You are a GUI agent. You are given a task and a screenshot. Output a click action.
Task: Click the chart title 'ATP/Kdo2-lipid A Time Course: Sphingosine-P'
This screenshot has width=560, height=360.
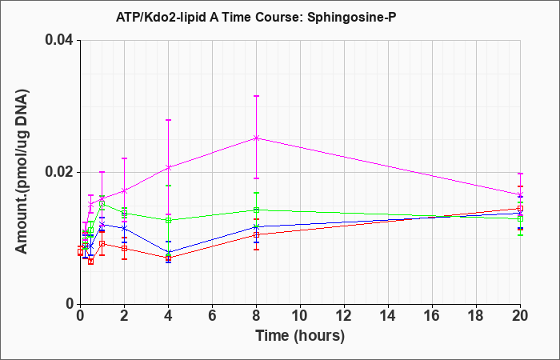[x=256, y=17]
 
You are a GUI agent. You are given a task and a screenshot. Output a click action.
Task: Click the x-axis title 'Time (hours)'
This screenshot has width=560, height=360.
[x=300, y=336]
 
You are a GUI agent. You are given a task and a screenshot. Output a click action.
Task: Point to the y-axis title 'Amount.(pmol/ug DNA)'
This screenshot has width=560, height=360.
[x=22, y=171]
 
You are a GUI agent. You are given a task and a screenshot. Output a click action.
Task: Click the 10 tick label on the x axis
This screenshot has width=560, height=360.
[x=300, y=316]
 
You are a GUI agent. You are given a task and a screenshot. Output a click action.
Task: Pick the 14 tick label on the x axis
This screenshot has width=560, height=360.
[x=388, y=316]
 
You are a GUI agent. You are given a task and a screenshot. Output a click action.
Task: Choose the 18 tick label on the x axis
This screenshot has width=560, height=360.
[x=476, y=316]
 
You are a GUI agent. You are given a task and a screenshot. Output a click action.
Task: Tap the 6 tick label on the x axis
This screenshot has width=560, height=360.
[x=212, y=316]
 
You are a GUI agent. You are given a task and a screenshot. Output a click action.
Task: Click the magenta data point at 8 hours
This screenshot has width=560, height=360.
[x=257, y=138]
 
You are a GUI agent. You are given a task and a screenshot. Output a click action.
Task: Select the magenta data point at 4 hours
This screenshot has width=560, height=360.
[x=169, y=167]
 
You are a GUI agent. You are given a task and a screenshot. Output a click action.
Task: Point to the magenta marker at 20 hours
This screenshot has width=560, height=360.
[x=520, y=194]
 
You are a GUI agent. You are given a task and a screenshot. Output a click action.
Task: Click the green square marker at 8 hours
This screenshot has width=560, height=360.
[x=257, y=210]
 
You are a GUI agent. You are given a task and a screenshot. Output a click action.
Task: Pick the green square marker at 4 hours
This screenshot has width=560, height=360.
[x=169, y=220]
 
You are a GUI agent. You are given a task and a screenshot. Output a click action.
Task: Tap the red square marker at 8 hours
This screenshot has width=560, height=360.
[x=257, y=234]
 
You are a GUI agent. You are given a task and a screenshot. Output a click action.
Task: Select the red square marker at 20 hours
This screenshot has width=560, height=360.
[x=520, y=209]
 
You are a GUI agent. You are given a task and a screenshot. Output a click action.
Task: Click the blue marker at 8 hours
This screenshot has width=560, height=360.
[x=257, y=226]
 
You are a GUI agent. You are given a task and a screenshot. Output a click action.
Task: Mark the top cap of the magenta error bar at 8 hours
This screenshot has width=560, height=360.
[x=257, y=96]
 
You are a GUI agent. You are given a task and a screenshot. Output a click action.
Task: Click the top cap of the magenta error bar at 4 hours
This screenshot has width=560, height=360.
[x=169, y=120]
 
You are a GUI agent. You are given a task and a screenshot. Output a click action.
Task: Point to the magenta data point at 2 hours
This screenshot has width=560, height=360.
[x=124, y=191]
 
